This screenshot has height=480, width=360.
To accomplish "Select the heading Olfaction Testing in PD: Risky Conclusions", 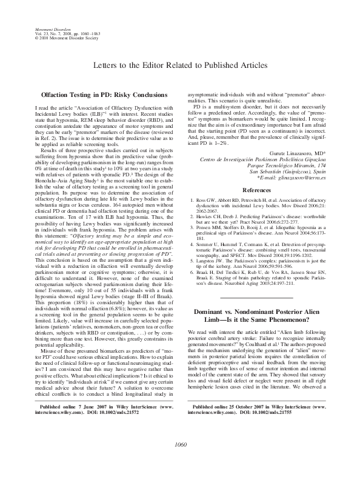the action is point(103,96).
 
